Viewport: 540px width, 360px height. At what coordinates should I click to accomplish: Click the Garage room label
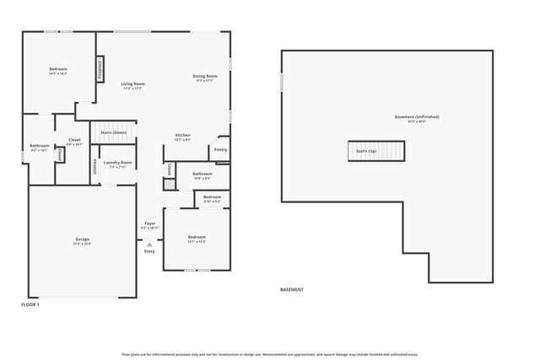click(x=83, y=241)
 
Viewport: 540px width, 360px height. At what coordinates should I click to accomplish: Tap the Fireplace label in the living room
click(x=100, y=67)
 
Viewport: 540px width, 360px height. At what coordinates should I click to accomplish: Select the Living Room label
click(x=133, y=85)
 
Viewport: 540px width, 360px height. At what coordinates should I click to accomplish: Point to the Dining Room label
click(x=206, y=78)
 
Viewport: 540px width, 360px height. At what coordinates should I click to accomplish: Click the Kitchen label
click(x=182, y=137)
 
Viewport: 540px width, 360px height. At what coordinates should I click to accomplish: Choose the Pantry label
click(x=220, y=150)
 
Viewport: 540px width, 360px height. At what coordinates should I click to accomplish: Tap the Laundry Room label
click(x=118, y=164)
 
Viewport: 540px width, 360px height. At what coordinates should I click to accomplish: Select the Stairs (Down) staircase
click(x=114, y=132)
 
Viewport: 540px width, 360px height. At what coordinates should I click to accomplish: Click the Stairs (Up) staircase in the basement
click(x=377, y=151)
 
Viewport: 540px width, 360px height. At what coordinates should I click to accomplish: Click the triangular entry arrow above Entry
click(x=149, y=244)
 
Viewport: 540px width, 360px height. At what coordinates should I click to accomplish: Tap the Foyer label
click(x=149, y=226)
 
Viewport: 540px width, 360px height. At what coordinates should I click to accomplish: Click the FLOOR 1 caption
click(x=30, y=304)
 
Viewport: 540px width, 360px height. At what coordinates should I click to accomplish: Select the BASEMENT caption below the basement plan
click(x=291, y=289)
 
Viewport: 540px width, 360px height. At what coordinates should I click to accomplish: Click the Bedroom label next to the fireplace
click(x=57, y=71)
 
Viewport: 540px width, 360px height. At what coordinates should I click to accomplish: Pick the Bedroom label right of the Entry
click(x=197, y=239)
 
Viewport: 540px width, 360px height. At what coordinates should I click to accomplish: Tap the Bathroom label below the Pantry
click(x=202, y=175)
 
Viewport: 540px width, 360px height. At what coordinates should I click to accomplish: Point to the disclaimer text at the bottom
click(x=270, y=354)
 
